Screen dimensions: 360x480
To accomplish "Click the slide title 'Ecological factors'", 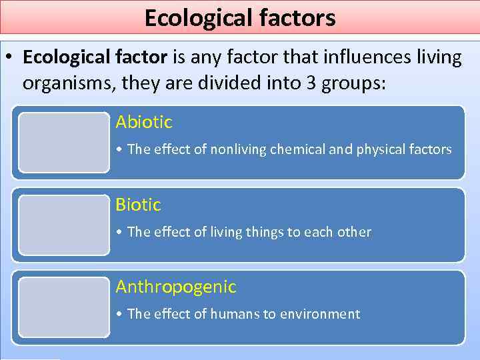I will click(240, 18).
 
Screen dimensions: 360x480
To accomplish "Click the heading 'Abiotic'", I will click(143, 122).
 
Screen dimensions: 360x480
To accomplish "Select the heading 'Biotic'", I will click(138, 205).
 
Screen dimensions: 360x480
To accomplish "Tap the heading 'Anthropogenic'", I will click(176, 287).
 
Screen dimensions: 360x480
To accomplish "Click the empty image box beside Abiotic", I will click(64, 143).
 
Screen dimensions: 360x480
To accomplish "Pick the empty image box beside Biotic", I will click(64, 225).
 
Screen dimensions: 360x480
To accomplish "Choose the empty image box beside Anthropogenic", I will click(64, 307).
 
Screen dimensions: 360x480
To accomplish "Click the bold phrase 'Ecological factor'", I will click(95, 58).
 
